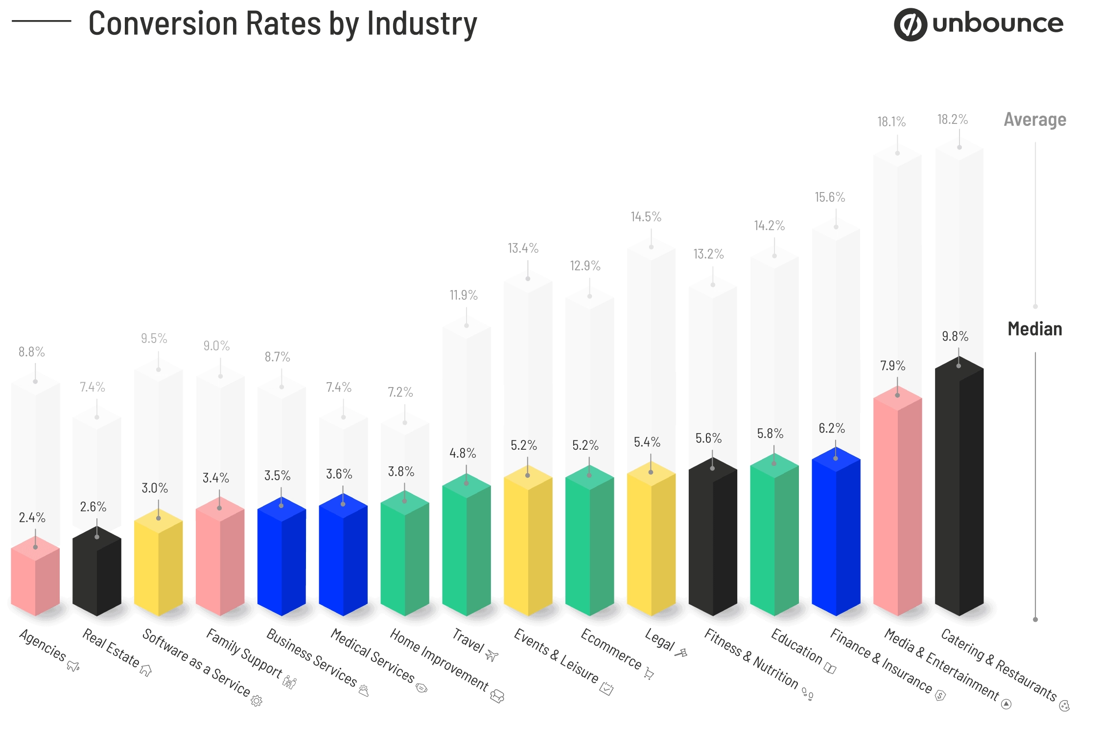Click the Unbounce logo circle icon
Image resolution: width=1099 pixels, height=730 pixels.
pyautogui.click(x=910, y=24)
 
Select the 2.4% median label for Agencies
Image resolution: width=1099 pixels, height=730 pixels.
pyautogui.click(x=32, y=517)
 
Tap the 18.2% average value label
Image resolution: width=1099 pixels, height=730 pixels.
pyautogui.click(x=952, y=119)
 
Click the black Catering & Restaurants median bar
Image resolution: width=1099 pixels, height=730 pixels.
pyautogui.click(x=959, y=490)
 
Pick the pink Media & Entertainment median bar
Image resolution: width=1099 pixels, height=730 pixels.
pyautogui.click(x=897, y=505)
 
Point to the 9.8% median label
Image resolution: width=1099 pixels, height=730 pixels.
pyautogui.click(x=955, y=336)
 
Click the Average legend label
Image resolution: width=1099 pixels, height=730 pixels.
pyautogui.click(x=1034, y=120)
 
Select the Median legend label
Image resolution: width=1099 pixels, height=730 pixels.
pyautogui.click(x=1034, y=329)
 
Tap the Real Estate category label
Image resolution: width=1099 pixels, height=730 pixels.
pyautogui.click(x=111, y=648)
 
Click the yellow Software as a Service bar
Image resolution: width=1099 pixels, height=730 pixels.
pyautogui.click(x=158, y=563)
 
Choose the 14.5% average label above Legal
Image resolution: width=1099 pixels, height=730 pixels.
pyautogui.click(x=645, y=217)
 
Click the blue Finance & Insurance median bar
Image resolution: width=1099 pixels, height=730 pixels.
pyautogui.click(x=835, y=534)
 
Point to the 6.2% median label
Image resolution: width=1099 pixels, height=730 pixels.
pyautogui.click(x=831, y=428)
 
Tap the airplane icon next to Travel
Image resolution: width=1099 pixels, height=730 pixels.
pyautogui.click(x=491, y=656)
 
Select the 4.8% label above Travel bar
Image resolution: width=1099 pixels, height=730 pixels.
pyautogui.click(x=462, y=453)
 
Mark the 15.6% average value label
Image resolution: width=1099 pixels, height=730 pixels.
pyautogui.click(x=829, y=197)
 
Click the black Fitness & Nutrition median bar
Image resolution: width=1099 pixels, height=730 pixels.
pyautogui.click(x=712, y=539)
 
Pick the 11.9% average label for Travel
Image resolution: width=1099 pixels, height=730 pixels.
pyautogui.click(x=463, y=295)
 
